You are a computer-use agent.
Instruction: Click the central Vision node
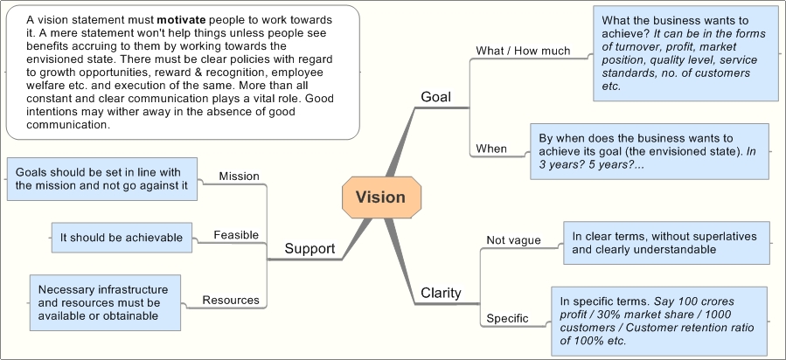(x=380, y=197)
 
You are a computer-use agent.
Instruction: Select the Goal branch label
(x=435, y=97)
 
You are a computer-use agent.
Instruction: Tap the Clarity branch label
(x=441, y=293)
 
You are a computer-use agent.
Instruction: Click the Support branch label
(x=310, y=249)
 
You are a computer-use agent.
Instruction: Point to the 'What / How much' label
(x=523, y=51)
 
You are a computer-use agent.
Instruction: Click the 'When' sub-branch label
(x=491, y=149)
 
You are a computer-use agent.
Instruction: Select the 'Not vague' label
(x=513, y=240)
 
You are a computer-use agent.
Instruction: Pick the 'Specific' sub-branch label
(x=507, y=318)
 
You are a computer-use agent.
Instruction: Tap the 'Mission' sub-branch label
(x=239, y=176)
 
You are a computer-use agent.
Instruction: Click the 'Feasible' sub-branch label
(x=236, y=235)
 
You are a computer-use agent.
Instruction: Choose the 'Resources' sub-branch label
(x=231, y=300)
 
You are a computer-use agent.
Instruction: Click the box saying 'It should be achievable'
(x=121, y=237)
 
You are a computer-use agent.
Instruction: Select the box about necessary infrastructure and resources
(x=104, y=302)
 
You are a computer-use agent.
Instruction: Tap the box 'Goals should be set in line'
(x=101, y=178)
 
